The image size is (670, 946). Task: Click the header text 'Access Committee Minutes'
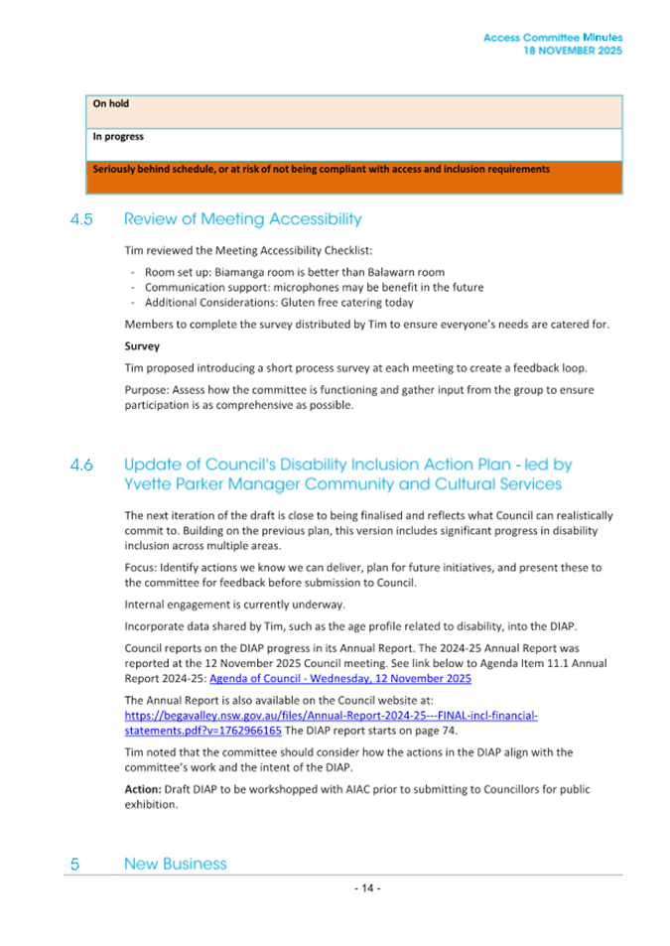(x=553, y=38)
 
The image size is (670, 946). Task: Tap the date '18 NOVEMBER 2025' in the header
(x=573, y=51)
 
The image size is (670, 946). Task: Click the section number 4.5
(x=81, y=219)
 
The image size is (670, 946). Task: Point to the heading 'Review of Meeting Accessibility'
(x=242, y=219)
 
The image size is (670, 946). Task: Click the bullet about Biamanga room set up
(x=294, y=272)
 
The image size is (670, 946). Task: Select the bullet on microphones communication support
(x=314, y=287)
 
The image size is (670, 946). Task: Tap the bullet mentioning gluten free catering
(x=279, y=303)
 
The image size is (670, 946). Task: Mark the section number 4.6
(x=81, y=465)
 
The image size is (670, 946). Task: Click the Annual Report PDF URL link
(x=331, y=715)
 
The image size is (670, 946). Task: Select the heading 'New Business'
(x=175, y=864)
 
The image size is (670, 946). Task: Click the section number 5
(x=75, y=865)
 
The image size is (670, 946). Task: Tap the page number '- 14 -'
(x=367, y=888)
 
